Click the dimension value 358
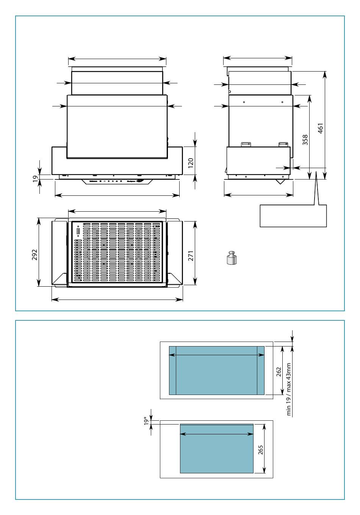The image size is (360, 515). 305,140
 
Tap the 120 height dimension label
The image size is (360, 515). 191,163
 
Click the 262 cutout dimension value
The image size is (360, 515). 279,371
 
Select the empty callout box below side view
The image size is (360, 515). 293,216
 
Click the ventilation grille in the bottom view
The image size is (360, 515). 117,253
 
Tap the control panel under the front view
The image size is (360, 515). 117,181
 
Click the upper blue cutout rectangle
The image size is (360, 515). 216,370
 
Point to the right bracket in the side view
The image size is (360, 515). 283,144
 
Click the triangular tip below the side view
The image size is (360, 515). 281,182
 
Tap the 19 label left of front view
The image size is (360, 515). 35,179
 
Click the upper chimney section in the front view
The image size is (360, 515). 117,82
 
